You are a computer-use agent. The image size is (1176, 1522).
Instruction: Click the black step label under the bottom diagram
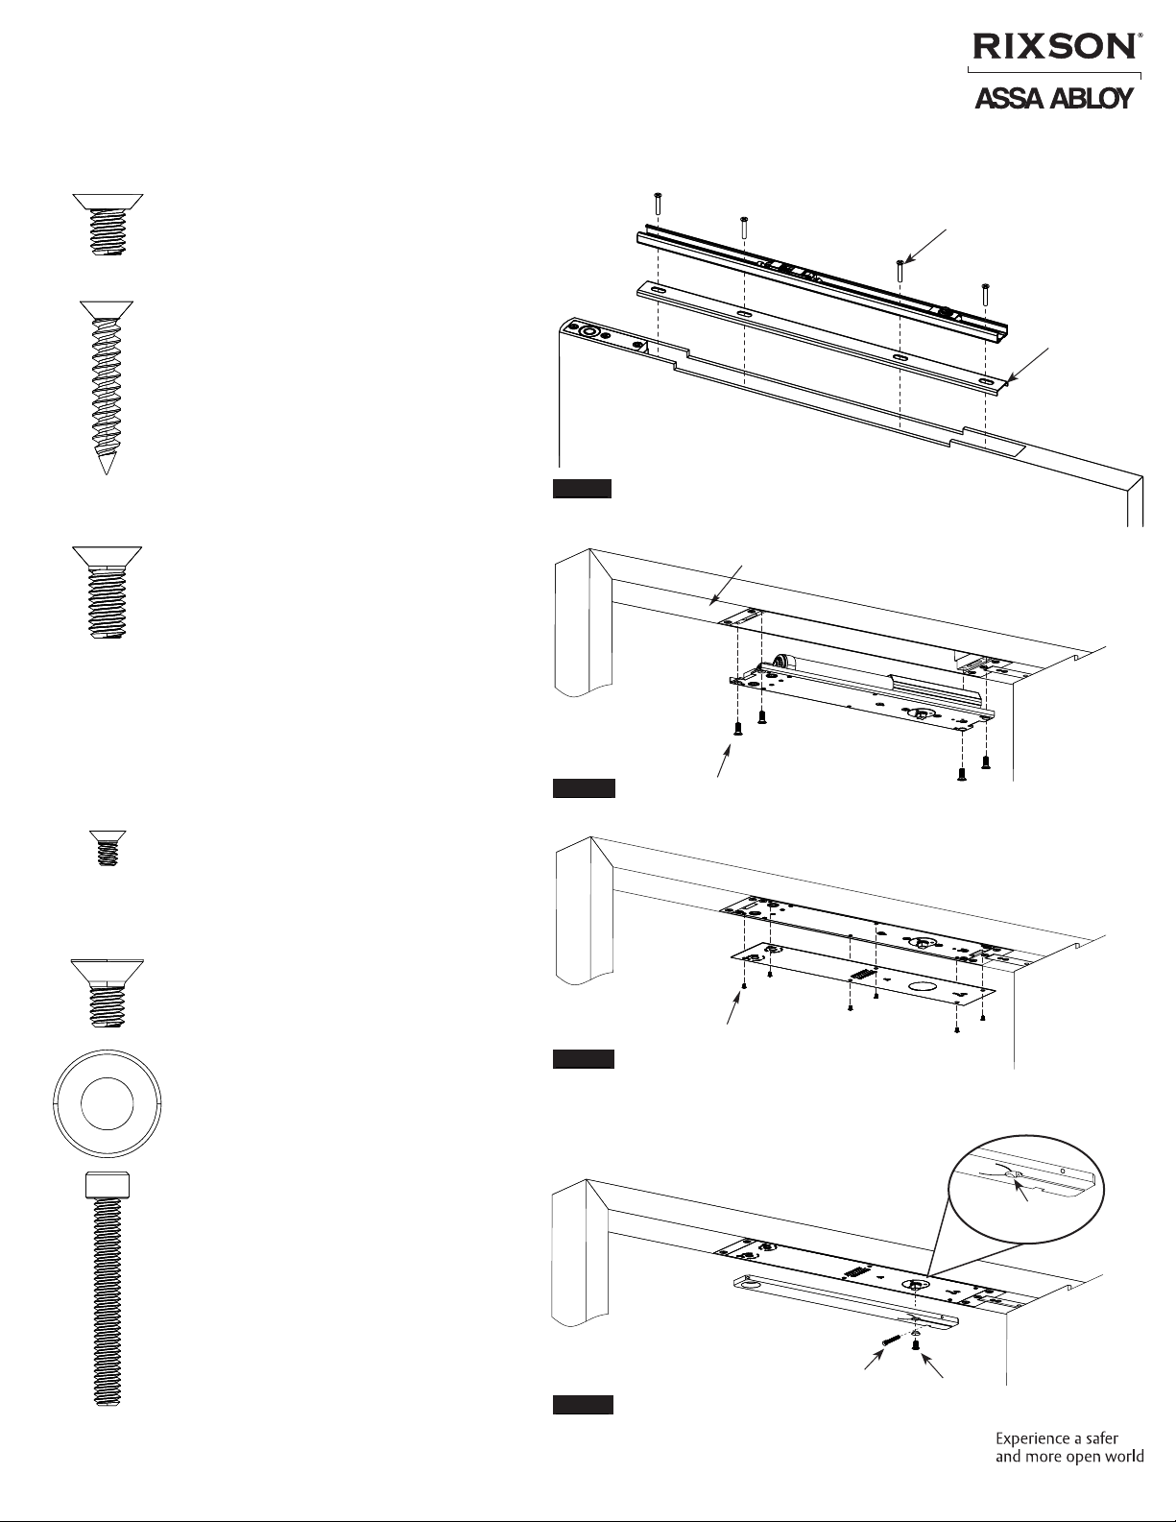click(582, 1406)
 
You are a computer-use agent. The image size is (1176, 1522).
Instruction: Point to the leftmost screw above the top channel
click(657, 202)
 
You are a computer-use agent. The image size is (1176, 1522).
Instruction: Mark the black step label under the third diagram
click(582, 1060)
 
